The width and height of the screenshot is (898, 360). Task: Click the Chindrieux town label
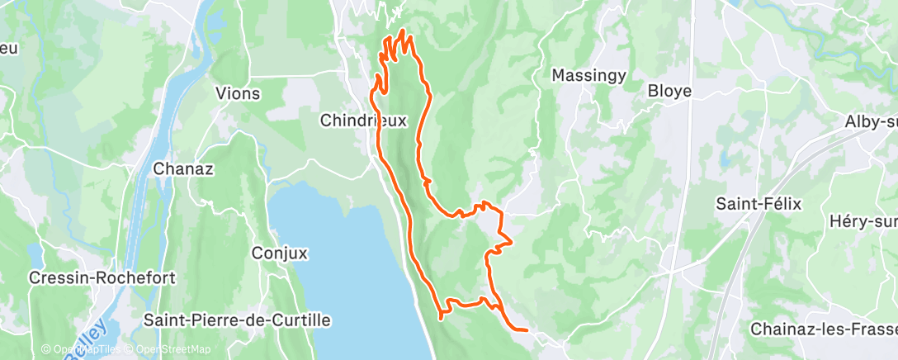[x=364, y=121]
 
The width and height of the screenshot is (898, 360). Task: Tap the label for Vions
[x=237, y=93]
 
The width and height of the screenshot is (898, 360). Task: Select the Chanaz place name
[x=183, y=169]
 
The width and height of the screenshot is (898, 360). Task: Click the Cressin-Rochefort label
[x=102, y=278]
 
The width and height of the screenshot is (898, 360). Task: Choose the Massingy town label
[x=588, y=76]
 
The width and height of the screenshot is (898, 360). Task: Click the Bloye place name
[x=669, y=91]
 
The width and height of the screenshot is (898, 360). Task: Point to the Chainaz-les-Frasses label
[x=823, y=329]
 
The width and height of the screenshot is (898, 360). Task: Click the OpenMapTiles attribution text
[x=86, y=350]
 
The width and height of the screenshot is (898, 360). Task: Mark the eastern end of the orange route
[x=527, y=329]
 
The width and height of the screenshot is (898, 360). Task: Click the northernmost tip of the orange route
[x=403, y=31]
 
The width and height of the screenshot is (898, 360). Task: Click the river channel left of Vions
[x=173, y=99]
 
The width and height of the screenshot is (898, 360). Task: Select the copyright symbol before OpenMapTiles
[x=46, y=350]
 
